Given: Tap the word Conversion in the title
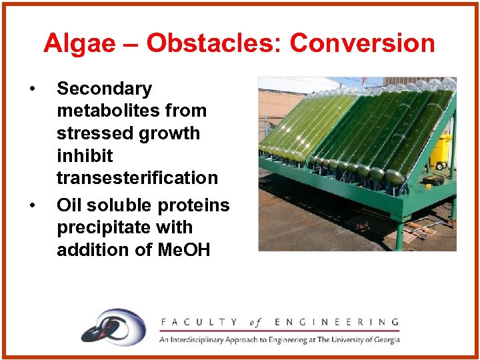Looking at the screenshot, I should click(362, 44).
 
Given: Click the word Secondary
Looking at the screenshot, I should click(104, 89).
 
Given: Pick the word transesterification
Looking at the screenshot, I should click(137, 178).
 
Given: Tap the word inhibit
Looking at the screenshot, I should click(85, 156).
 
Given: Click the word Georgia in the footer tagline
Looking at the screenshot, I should click(383, 339).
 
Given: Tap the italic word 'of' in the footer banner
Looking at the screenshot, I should click(256, 322).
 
